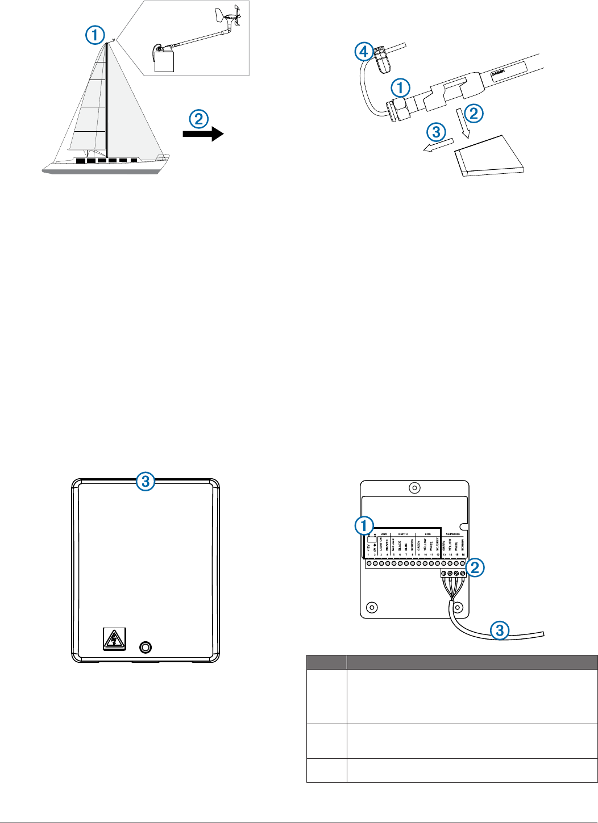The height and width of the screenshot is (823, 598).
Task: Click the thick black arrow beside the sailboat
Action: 203,134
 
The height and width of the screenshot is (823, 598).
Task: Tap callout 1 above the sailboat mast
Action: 95,35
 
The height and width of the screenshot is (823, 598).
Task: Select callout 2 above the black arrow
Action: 198,119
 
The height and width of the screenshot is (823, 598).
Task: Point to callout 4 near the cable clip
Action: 364,52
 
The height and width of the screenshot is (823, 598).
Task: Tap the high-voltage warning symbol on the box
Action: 114,639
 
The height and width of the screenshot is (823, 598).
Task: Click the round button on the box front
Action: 146,646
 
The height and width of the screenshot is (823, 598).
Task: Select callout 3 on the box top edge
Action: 146,482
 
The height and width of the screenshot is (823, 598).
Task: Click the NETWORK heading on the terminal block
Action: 452,534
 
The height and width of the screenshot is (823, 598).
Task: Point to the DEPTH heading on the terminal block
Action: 402,534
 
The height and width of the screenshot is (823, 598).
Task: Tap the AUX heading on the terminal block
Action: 384,534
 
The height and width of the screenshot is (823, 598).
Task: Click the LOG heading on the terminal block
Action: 427,534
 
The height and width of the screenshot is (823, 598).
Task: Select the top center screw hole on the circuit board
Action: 415,488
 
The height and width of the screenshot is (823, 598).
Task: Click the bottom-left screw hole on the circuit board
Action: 371,607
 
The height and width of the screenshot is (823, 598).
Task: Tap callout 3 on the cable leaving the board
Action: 500,629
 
